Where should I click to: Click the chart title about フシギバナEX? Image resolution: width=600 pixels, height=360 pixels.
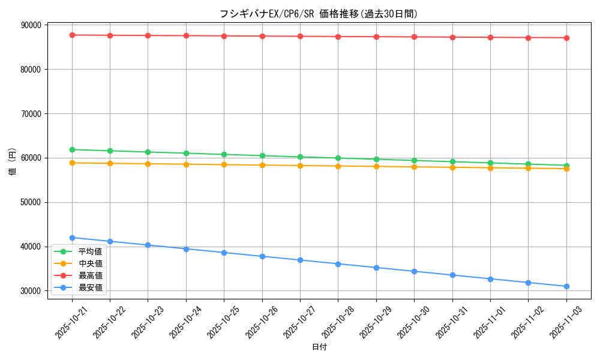[319, 14]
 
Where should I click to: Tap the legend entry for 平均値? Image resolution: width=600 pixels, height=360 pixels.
[90, 251]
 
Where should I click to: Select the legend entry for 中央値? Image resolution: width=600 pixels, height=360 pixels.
[90, 263]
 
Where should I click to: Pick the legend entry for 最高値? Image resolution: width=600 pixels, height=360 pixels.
[90, 275]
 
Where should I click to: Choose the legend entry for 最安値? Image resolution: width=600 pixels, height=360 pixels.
[90, 287]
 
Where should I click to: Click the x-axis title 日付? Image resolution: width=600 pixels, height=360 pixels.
[319, 347]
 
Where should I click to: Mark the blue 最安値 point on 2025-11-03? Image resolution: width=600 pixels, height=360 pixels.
[566, 286]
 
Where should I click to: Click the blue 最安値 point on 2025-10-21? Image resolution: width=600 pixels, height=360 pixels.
[72, 238]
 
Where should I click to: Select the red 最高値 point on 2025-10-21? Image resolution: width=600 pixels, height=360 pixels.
[72, 35]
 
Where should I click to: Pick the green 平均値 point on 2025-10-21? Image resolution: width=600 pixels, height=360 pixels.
[72, 149]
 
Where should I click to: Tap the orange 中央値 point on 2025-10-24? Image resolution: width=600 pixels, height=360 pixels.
[186, 164]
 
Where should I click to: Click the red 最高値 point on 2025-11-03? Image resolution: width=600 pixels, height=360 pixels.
[566, 38]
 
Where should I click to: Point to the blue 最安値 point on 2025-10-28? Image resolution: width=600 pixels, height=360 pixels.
[338, 264]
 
